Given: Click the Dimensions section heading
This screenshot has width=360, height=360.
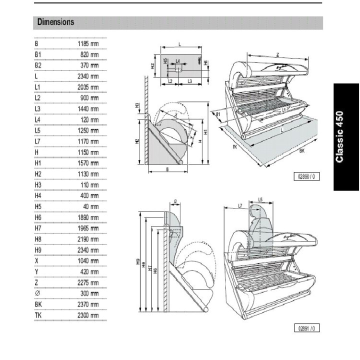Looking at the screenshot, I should [55, 22].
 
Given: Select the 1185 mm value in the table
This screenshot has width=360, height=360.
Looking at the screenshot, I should [88, 43].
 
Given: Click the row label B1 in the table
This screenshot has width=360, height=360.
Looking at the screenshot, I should [38, 54].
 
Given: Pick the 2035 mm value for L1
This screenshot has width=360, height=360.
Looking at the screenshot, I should [88, 87].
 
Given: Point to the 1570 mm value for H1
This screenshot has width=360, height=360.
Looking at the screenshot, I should [88, 163].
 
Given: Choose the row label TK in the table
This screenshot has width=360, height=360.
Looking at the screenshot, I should [38, 315].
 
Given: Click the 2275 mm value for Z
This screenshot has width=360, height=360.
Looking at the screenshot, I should [88, 282].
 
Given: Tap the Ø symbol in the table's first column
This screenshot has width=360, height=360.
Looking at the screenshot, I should [37, 293].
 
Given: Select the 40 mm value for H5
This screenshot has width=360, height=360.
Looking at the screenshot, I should [90, 206].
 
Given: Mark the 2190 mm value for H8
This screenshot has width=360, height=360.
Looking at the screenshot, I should [88, 239].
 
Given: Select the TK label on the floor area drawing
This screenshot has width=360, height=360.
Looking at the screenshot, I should [234, 147].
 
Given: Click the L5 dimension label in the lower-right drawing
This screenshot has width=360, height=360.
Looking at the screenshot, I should [261, 199].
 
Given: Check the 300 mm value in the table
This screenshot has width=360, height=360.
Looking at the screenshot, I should [89, 293].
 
